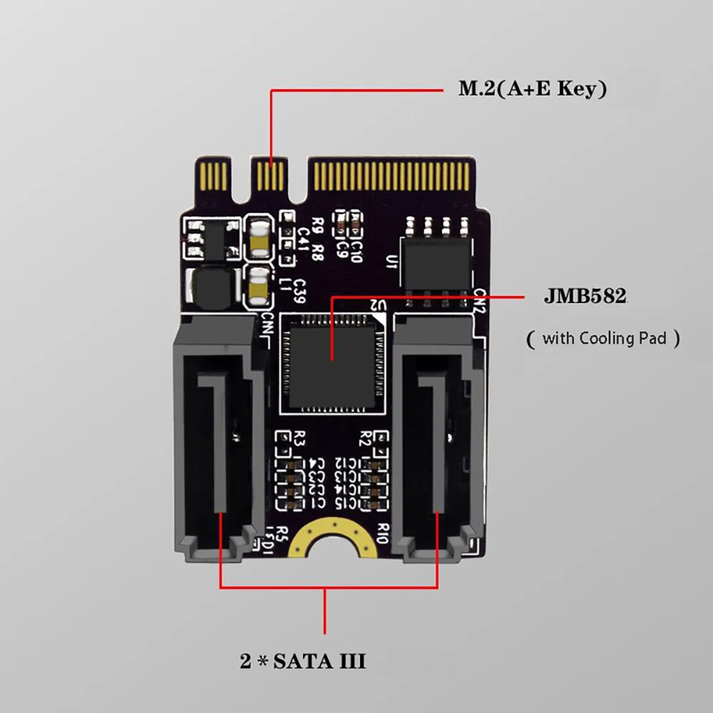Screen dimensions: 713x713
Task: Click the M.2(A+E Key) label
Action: (532, 90)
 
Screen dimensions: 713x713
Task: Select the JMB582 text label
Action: (585, 297)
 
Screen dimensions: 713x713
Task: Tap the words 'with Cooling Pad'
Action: (604, 338)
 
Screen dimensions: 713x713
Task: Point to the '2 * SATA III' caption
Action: (303, 662)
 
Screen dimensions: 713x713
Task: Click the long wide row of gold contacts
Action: (392, 173)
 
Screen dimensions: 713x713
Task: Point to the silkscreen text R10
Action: (382, 528)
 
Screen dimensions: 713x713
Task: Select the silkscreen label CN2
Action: (479, 299)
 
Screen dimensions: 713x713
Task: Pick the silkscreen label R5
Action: (282, 531)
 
